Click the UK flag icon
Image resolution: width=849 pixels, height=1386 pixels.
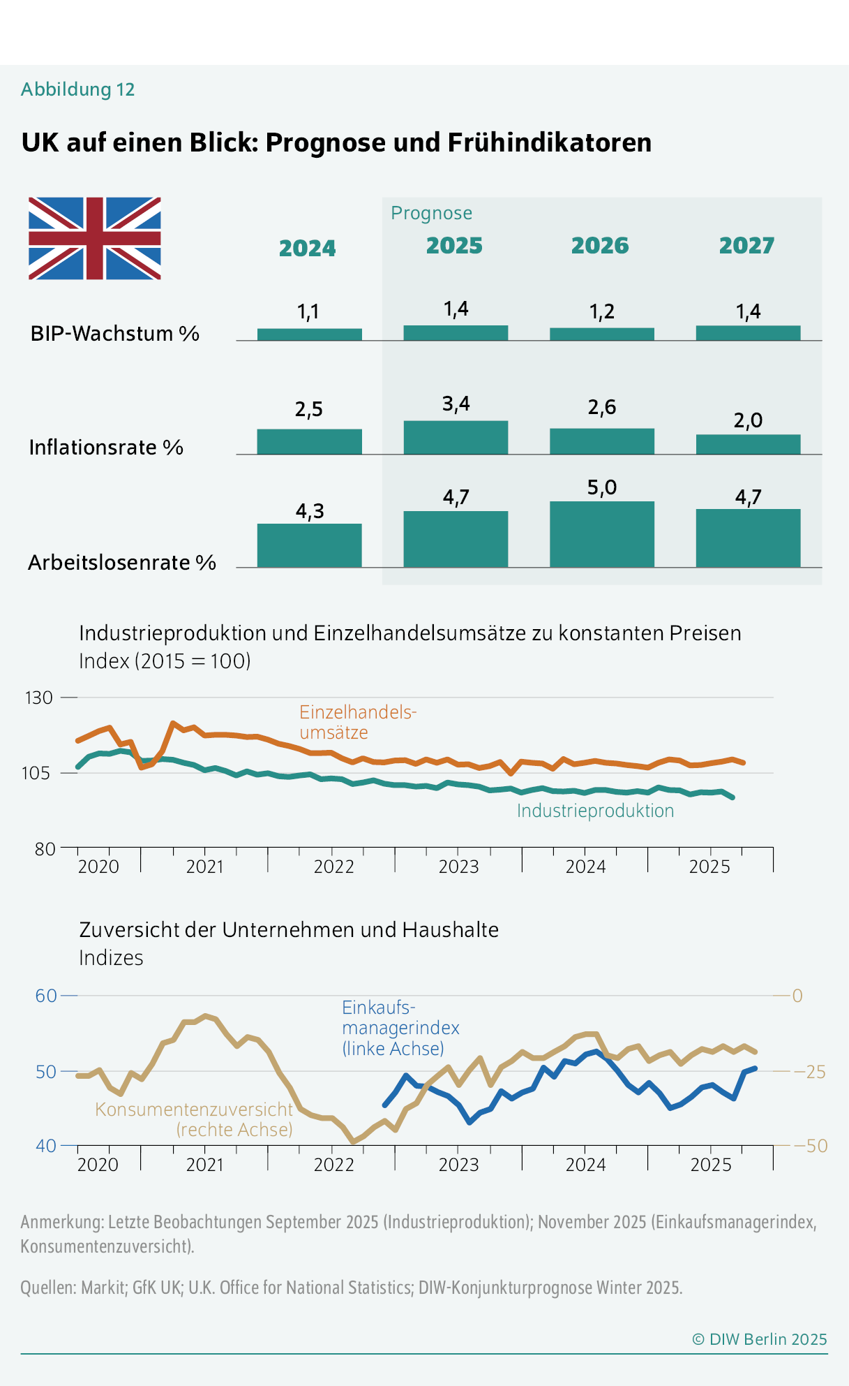tap(95, 238)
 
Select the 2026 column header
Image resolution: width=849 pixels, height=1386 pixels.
tap(600, 246)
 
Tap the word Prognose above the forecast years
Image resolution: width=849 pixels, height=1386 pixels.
tap(431, 213)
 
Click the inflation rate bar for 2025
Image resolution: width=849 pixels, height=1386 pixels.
tap(456, 438)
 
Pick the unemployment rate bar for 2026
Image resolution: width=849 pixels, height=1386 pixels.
tap(602, 534)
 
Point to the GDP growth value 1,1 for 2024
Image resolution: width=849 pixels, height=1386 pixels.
tap(308, 311)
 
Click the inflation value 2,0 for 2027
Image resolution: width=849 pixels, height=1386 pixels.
tap(748, 420)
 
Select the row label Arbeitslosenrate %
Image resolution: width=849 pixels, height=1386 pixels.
tap(122, 563)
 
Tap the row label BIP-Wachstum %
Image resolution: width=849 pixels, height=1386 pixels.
tap(115, 334)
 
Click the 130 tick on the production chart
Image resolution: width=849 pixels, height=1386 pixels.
tap(39, 698)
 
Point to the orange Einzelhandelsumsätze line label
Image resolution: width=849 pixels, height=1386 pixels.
tap(357, 722)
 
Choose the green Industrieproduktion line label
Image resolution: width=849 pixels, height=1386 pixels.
tap(595, 811)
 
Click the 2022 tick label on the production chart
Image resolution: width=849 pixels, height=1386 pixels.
tap(333, 867)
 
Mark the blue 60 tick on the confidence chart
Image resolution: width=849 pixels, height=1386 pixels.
tap(46, 996)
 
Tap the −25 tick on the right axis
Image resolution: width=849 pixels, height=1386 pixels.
tap(810, 1072)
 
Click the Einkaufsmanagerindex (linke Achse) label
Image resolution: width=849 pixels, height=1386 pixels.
tap(400, 1028)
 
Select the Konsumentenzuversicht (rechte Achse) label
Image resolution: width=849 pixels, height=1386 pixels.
tap(194, 1119)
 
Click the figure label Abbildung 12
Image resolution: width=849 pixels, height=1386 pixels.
tap(77, 89)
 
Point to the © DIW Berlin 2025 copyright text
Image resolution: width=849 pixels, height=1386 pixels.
tap(759, 1339)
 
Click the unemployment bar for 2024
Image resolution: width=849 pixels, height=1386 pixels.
tap(309, 545)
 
